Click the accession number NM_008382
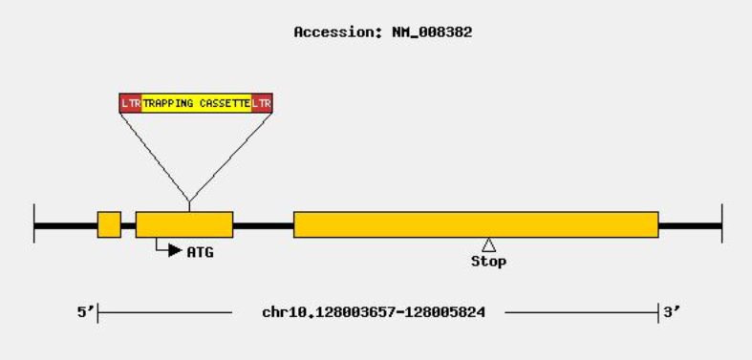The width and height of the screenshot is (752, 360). [431, 32]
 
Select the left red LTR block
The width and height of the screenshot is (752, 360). [130, 102]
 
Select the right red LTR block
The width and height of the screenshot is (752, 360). [262, 102]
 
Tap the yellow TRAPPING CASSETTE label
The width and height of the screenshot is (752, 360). [196, 102]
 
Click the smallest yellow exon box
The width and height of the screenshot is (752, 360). [109, 224]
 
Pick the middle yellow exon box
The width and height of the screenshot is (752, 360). [184, 224]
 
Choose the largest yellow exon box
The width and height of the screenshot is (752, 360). [476, 224]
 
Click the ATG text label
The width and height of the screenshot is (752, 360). [200, 252]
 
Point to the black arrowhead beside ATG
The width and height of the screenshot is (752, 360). [175, 251]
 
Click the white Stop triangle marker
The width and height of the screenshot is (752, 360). [488, 245]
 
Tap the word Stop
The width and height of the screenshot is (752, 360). [488, 262]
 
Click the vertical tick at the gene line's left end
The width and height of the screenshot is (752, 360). [34, 224]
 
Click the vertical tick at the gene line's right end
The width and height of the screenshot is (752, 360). [721, 224]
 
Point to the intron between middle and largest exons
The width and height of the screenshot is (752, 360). [263, 225]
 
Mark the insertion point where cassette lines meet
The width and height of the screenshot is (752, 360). [189, 201]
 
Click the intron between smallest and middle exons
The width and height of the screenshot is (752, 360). [128, 225]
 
